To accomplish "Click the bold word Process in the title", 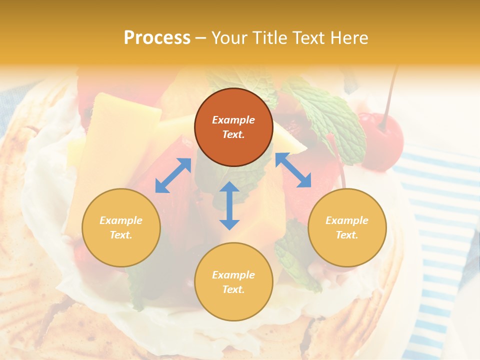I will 157,38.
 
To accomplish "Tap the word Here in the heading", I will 350,38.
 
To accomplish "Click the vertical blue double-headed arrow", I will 229,205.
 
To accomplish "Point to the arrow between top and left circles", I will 173,175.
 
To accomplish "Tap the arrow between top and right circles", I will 293,170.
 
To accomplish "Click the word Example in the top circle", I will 233,120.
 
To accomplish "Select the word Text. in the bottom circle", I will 233,289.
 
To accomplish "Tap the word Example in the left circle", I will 121,220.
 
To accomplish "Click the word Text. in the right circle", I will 347,235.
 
